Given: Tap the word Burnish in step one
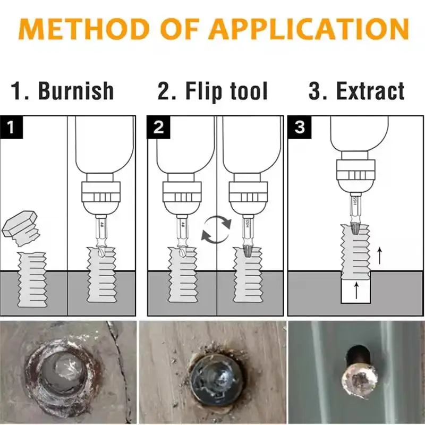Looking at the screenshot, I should [76, 91].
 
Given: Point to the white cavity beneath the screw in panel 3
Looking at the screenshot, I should [356, 292].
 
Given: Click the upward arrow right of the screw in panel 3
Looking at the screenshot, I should [379, 256].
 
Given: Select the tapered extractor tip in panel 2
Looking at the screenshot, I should [246, 252].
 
